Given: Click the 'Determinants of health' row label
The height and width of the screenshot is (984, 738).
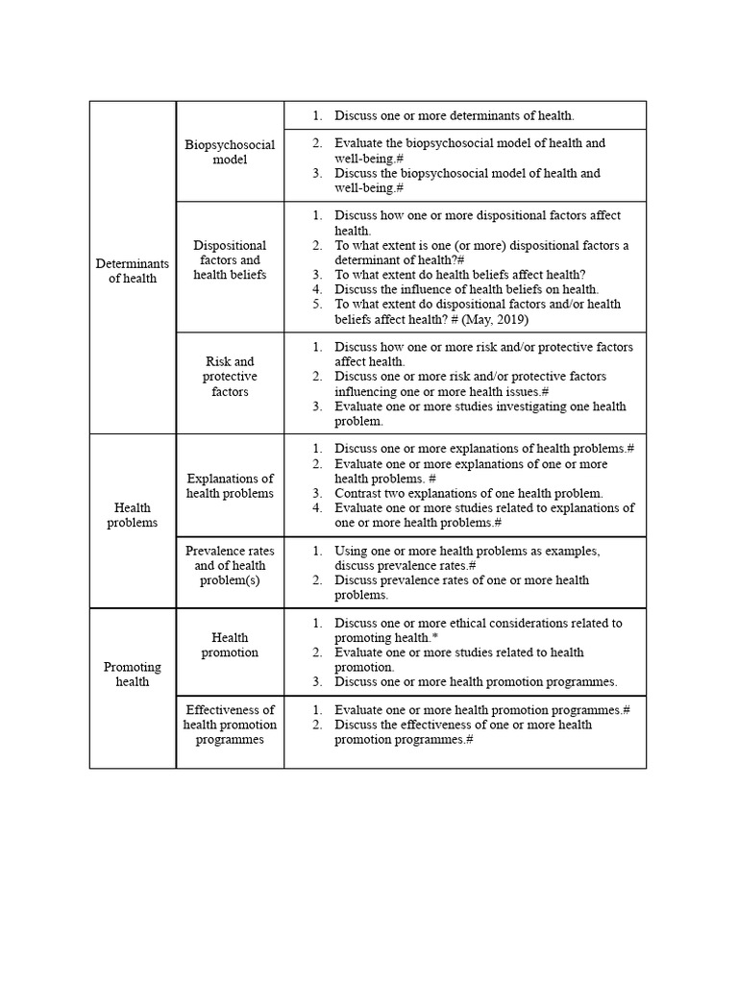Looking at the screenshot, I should (133, 271).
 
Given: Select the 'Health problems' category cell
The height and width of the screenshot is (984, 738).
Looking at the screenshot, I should (133, 515).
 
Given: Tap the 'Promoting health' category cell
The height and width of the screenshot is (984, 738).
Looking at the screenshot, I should (133, 674).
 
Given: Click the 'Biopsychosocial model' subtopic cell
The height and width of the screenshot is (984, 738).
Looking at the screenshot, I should (230, 152).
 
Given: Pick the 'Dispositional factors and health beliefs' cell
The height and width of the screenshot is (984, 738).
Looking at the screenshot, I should (230, 259).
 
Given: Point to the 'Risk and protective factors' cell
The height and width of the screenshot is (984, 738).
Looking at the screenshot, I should (230, 377).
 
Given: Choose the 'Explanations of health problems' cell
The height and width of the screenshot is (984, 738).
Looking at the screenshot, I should (230, 485).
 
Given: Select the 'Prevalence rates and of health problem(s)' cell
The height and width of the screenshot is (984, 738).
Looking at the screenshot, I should (230, 566).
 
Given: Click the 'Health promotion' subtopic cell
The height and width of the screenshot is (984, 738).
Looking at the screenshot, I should (230, 645).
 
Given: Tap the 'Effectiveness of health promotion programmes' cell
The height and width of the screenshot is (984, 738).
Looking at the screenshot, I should (230, 725).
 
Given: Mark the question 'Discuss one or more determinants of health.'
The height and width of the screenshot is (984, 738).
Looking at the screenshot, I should (454, 115).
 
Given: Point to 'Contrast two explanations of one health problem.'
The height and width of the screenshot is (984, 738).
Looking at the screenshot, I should (468, 493).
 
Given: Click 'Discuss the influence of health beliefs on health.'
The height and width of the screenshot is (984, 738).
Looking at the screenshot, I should (466, 289).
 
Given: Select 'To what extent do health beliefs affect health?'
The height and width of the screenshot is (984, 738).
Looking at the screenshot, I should (459, 275).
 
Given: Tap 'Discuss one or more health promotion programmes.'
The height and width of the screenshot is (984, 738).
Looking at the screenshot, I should (476, 681).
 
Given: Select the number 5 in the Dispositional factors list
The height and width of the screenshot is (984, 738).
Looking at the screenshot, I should (315, 305).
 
